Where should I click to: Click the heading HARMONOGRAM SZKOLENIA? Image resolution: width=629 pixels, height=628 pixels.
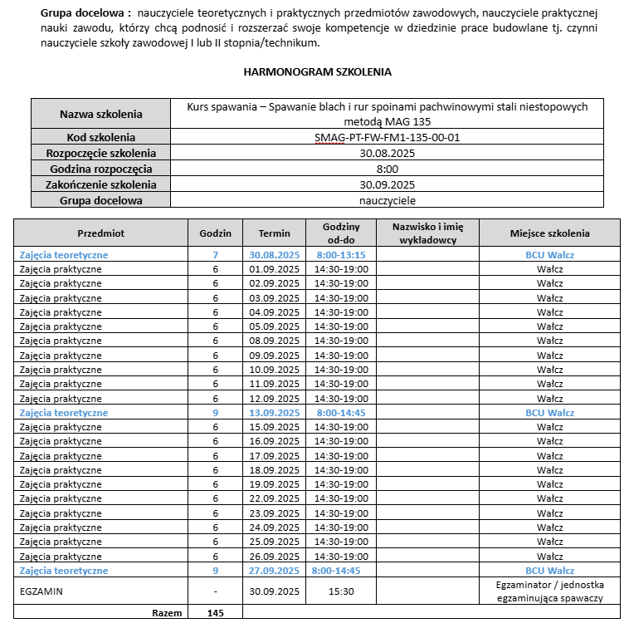(317, 72)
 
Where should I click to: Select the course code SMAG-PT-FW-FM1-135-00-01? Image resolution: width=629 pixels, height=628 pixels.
(387, 137)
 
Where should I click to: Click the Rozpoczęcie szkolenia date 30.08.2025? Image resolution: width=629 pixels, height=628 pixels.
(387, 153)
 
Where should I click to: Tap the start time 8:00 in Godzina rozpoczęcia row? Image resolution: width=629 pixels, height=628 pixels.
(387, 169)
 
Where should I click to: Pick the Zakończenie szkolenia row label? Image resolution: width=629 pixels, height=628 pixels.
(100, 184)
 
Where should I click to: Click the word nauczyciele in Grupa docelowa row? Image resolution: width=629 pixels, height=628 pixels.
(387, 200)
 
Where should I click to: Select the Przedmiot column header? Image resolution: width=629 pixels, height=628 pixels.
(100, 233)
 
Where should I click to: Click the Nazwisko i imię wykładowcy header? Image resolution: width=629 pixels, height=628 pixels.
(427, 233)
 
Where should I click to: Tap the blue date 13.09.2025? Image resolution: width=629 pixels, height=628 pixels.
(274, 413)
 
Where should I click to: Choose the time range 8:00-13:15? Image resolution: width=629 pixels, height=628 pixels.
(341, 255)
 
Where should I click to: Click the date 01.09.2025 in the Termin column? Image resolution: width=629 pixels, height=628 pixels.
(274, 269)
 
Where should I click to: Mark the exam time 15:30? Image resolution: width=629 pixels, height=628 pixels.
(341, 591)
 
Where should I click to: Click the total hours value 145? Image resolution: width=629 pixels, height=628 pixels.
(215, 613)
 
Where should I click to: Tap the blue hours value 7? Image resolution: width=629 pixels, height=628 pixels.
(215, 255)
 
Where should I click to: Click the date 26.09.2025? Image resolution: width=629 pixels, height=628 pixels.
(274, 557)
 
